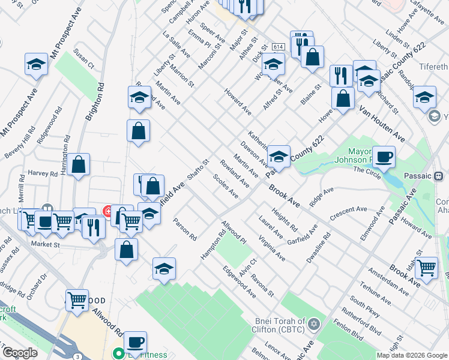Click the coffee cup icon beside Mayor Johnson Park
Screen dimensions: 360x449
point(384,157)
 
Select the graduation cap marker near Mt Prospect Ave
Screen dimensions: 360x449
point(36,64)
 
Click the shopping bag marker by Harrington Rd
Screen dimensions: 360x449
point(78,164)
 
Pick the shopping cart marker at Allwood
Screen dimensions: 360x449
point(77,299)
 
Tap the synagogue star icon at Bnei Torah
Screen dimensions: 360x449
point(312,325)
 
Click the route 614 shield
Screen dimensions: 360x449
point(277,47)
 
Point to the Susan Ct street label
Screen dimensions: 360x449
point(84,58)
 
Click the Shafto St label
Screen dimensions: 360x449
point(197,170)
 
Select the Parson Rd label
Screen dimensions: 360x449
point(185,229)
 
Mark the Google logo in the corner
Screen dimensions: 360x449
point(20,353)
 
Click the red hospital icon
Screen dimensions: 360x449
point(108,211)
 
